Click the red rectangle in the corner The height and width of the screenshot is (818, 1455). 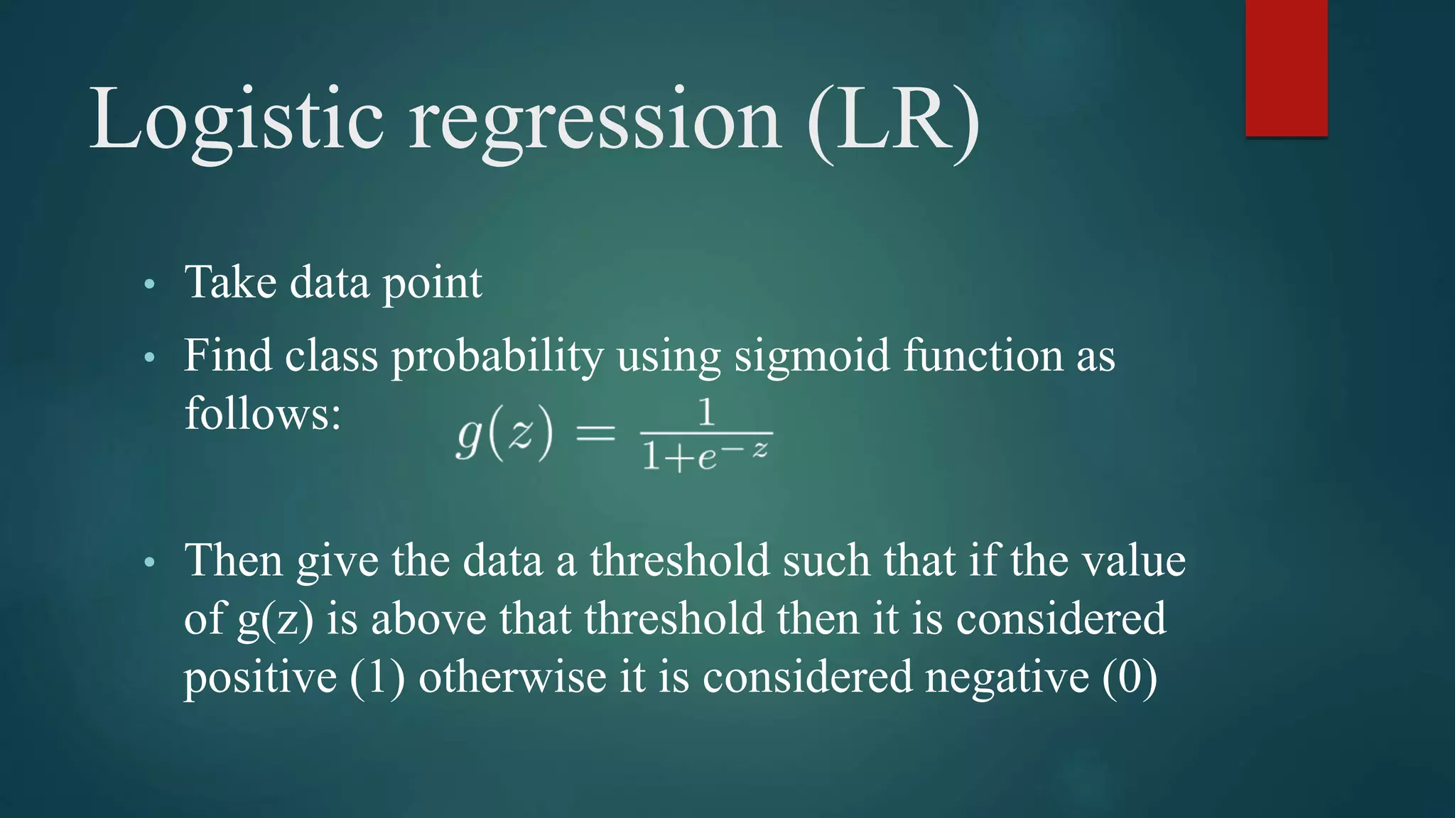click(1286, 68)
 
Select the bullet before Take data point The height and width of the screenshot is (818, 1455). click(148, 285)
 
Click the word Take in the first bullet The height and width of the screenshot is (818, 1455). click(230, 283)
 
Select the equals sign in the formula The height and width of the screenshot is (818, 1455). click(595, 432)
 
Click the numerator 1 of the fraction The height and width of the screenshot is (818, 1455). click(705, 413)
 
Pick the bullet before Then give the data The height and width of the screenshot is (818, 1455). click(148, 563)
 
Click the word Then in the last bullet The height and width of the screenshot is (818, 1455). click(234, 561)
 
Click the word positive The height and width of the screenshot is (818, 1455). click(260, 677)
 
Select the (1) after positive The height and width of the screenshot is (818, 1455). click(377, 677)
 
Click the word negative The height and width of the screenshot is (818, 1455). click(1007, 677)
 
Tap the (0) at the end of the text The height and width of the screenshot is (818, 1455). click(1130, 677)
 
